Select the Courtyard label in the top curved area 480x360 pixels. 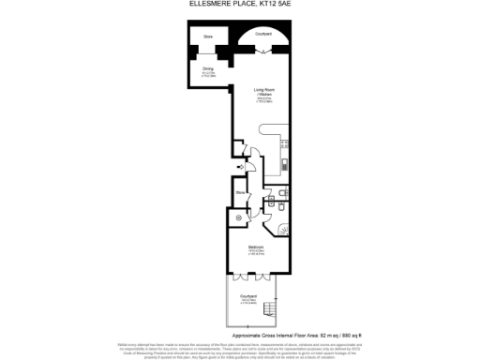[x=263, y=34]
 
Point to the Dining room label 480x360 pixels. [x=207, y=67]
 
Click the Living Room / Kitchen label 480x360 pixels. [x=263, y=93]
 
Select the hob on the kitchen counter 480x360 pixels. [x=285, y=144]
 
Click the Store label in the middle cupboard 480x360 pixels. [x=241, y=192]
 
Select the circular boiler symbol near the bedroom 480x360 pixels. [x=237, y=217]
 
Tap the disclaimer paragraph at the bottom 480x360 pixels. [x=240, y=349]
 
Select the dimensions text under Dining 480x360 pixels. [x=207, y=74]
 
